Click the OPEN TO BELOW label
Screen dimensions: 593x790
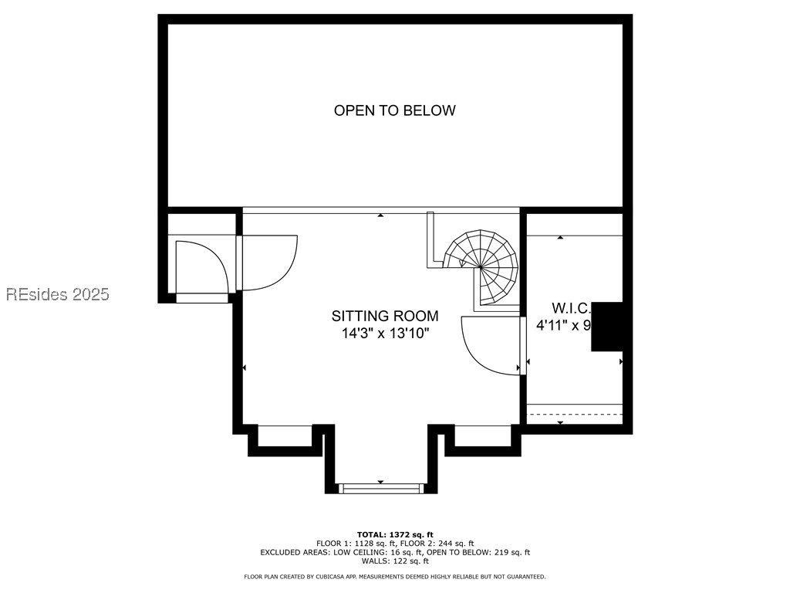pyautogui.click(x=394, y=110)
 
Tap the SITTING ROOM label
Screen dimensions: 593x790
pyautogui.click(x=385, y=316)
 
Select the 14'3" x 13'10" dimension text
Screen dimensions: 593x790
pyautogui.click(x=385, y=334)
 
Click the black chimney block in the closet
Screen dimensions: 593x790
pyautogui.click(x=608, y=327)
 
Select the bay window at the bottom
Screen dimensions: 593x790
pyautogui.click(x=381, y=487)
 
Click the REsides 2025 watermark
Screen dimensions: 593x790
pyautogui.click(x=58, y=294)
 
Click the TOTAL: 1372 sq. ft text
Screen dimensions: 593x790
pyautogui.click(x=394, y=534)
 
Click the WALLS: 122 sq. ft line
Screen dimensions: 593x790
pyautogui.click(x=394, y=561)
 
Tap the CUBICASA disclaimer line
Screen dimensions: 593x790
pyautogui.click(x=394, y=577)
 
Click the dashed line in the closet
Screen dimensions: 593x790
pyautogui.click(x=574, y=415)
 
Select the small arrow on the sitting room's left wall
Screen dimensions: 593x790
pyautogui.click(x=245, y=368)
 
